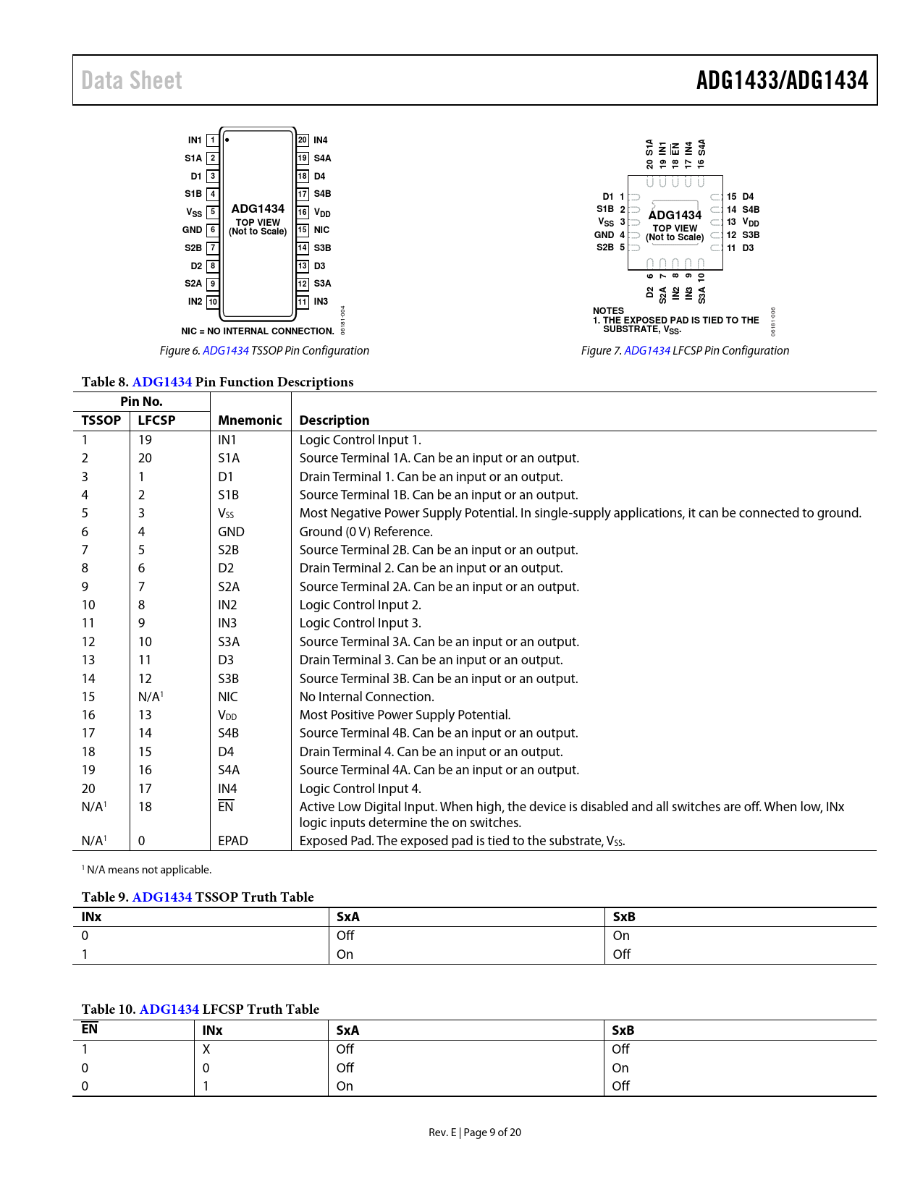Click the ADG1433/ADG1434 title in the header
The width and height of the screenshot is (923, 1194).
pyautogui.click(x=782, y=80)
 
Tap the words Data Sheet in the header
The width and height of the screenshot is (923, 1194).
pyautogui.click(x=132, y=80)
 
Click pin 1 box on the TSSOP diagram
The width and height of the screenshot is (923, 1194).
pyautogui.click(x=213, y=140)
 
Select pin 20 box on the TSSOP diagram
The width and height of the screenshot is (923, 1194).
pyautogui.click(x=303, y=140)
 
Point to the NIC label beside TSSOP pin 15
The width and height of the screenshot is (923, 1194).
pyautogui.click(x=321, y=230)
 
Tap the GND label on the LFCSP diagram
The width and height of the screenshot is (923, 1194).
pyautogui.click(x=604, y=235)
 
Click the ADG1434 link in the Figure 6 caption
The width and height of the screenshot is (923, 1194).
pyautogui.click(x=226, y=351)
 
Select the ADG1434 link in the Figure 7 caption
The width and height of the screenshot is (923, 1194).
pyautogui.click(x=647, y=351)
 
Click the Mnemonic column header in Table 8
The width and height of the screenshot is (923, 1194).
pyautogui.click(x=250, y=420)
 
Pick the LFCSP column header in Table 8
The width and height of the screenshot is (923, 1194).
pyautogui.click(x=156, y=420)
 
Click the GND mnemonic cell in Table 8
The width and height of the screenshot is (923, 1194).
pyautogui.click(x=231, y=532)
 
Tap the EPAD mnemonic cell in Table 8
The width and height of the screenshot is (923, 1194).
pyautogui.click(x=233, y=841)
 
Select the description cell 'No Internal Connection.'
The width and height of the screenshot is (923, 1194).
pyautogui.click(x=367, y=697)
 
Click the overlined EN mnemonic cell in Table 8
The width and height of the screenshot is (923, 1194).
pyautogui.click(x=226, y=807)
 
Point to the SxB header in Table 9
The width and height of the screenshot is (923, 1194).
pyautogui.click(x=624, y=917)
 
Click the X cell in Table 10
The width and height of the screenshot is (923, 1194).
pyautogui.click(x=206, y=1049)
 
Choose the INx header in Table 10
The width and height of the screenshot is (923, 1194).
pyautogui.click(x=212, y=1030)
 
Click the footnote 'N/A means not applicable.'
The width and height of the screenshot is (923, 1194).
pyautogui.click(x=148, y=870)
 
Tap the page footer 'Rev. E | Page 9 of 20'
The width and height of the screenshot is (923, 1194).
pyautogui.click(x=475, y=1132)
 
